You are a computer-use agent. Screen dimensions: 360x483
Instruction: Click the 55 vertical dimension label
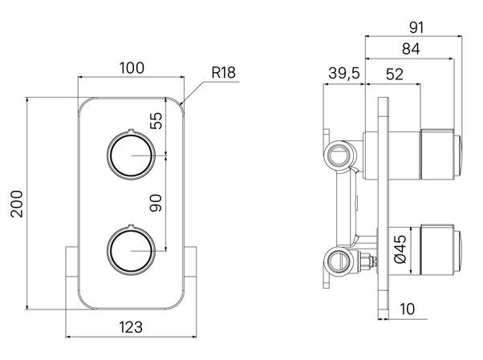pyautogui.click(x=156, y=121)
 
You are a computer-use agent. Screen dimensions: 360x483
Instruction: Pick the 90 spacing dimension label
pyautogui.click(x=156, y=205)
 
